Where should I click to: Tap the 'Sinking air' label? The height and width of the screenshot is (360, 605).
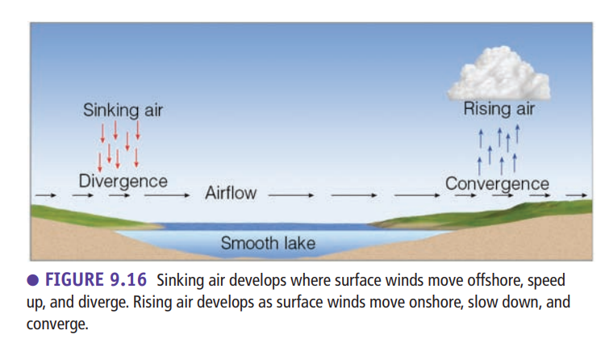pos(123,110)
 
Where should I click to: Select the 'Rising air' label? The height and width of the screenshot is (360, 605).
pos(499,108)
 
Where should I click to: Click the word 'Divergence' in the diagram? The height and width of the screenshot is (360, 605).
pos(123,181)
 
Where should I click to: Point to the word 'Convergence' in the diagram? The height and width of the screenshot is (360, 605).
pos(497,183)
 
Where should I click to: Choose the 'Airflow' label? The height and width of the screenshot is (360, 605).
pos(231,193)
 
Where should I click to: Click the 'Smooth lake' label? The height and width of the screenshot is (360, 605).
pos(268,243)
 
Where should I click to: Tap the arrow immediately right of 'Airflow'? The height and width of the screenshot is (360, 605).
pos(291,195)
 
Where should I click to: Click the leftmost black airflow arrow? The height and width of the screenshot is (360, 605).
pos(46,195)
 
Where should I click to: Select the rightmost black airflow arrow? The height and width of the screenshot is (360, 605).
pos(577,195)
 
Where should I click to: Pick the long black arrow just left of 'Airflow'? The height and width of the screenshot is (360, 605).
pos(167,195)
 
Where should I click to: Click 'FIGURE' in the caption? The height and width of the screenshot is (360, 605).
pos(74,279)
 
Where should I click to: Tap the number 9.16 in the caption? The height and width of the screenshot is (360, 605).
pos(128,279)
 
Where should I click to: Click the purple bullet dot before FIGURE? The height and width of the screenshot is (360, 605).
pos(33,280)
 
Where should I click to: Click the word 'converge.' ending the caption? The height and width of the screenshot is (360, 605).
pos(57,324)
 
